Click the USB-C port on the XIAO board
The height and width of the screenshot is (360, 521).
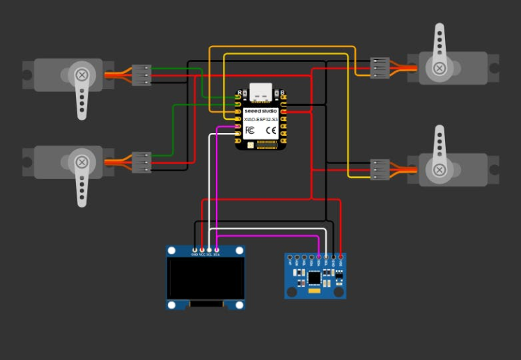point(260,91)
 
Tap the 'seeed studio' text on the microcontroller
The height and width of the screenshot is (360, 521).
point(260,111)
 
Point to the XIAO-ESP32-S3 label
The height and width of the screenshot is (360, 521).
point(260,120)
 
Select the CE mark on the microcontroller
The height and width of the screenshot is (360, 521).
point(271,130)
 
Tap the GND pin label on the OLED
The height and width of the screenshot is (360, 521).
point(194,255)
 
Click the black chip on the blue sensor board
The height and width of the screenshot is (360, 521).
point(314,277)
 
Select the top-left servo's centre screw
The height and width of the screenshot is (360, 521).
point(81,75)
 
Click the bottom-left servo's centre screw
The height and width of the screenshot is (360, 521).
point(81,163)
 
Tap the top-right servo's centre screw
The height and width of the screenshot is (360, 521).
point(440,68)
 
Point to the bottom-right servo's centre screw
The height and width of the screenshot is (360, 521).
point(440,169)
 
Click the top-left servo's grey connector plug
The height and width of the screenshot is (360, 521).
point(141,75)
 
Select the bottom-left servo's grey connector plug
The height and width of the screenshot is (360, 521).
point(141,162)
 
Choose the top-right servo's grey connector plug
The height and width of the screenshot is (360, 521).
point(380,68)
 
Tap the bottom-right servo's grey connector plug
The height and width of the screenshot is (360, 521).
point(380,169)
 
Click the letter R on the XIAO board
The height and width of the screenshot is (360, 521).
point(240,92)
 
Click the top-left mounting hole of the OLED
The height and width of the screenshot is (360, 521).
point(172,251)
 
